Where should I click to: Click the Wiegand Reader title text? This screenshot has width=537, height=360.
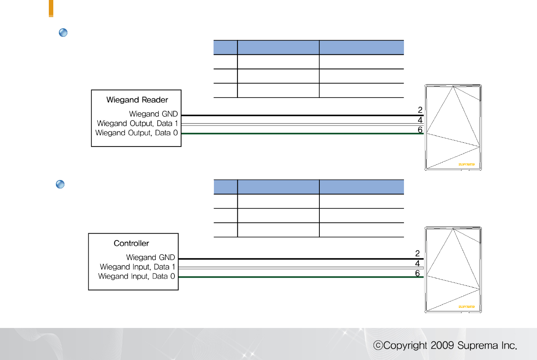[137, 100]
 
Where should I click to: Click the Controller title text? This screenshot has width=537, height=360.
[131, 243]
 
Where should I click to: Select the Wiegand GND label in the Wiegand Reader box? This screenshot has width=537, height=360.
[153, 114]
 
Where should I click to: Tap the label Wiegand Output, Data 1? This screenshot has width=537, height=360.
[137, 123]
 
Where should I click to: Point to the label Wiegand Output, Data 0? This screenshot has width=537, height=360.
[136, 133]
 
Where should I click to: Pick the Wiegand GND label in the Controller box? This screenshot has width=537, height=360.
[150, 258]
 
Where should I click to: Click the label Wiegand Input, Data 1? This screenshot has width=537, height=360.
[137, 267]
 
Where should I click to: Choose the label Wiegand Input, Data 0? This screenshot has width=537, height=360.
[136, 276]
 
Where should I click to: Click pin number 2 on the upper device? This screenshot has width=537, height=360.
[420, 110]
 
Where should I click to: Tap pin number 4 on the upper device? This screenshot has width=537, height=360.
[420, 120]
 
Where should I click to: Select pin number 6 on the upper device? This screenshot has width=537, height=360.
[420, 130]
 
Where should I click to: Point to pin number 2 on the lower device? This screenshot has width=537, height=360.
[417, 253]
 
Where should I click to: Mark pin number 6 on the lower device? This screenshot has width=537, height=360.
[417, 273]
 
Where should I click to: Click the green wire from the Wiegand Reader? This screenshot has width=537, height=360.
[298, 133]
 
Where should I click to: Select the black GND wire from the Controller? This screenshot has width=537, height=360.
[298, 259]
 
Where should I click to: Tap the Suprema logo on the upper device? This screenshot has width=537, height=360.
[466, 164]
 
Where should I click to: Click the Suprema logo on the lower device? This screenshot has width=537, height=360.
[466, 307]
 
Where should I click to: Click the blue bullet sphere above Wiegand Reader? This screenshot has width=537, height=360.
[63, 33]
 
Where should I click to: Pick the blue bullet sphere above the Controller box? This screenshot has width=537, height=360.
[60, 184]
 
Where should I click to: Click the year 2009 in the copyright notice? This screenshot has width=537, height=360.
[442, 345]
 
